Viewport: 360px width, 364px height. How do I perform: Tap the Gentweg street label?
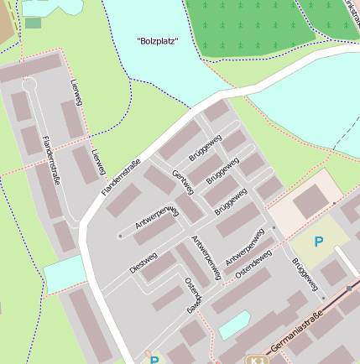coord(182,182)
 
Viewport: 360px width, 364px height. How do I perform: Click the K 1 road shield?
coord(257,359)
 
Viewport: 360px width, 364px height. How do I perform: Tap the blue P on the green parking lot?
coord(318,242)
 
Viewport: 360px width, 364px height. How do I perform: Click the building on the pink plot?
coord(310,201)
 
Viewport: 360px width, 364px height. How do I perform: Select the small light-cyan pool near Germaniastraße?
coord(235,324)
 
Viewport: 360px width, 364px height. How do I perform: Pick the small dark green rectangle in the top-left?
coord(33,23)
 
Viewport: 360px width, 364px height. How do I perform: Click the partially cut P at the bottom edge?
coord(154,360)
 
